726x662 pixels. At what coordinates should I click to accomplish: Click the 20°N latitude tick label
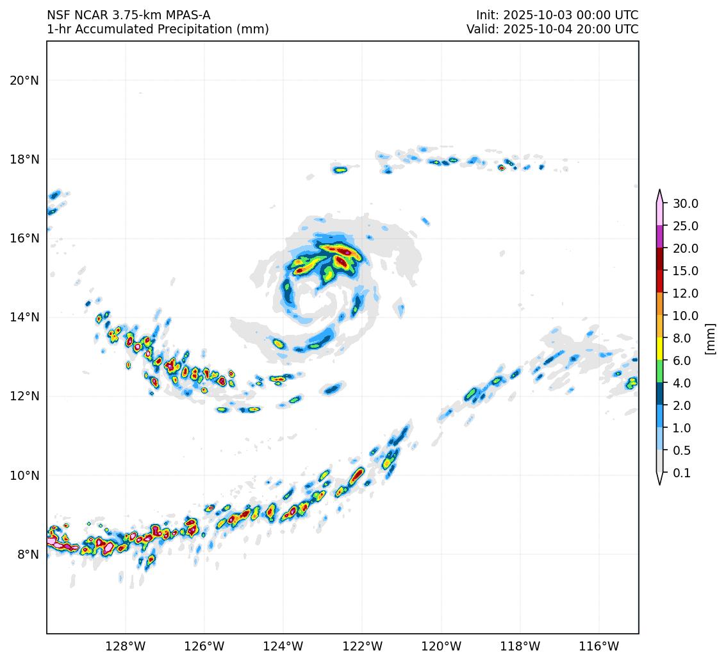[24, 80]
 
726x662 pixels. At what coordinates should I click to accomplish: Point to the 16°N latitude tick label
[24, 238]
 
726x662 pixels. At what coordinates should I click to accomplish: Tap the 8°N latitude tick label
[27, 554]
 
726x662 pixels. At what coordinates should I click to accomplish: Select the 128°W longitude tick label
[125, 646]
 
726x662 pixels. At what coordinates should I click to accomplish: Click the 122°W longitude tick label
[362, 646]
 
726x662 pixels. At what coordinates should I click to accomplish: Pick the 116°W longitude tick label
[599, 646]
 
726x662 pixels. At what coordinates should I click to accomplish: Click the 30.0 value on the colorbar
[685, 203]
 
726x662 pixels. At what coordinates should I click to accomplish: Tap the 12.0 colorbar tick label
[685, 293]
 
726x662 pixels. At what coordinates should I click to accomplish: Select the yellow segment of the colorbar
[659, 349]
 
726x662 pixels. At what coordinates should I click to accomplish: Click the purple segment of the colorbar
[659, 237]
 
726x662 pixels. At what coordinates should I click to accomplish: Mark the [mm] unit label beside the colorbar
[709, 338]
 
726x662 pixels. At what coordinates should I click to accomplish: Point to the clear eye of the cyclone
[311, 296]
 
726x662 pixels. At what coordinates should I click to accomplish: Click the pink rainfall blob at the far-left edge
[54, 543]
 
